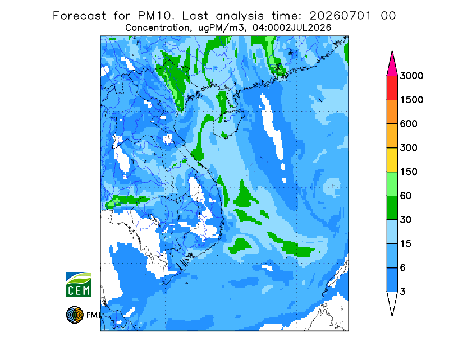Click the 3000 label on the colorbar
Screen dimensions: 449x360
point(411,76)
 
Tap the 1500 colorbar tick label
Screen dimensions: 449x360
point(411,100)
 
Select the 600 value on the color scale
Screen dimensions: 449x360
point(409,124)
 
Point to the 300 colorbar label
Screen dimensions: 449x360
point(409,148)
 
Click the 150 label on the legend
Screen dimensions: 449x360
point(409,172)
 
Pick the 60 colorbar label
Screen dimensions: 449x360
point(406,196)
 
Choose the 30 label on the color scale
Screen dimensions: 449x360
point(406,220)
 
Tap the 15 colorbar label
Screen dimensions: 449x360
point(406,244)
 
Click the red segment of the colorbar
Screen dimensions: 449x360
point(392,88)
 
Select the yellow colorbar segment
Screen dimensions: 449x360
point(392,160)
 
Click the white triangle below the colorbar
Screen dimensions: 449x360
point(392,301)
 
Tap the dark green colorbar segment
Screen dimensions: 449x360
point(392,208)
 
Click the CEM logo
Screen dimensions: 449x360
point(79,284)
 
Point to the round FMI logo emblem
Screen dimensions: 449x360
point(75,315)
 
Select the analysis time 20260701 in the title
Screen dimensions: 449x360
point(341,16)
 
